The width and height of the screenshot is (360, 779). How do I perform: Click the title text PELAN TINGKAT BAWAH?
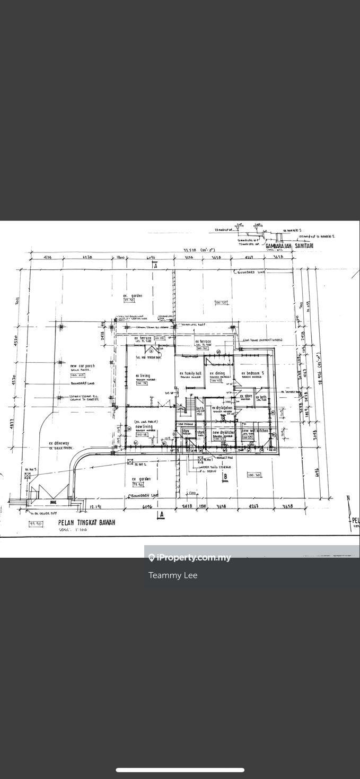pyautogui.click(x=86, y=522)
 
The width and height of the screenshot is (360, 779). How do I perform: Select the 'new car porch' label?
pyautogui.click(x=83, y=366)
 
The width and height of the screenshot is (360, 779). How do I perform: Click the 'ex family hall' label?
pyautogui.click(x=190, y=373)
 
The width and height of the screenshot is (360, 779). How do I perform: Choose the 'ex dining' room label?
pyautogui.click(x=217, y=373)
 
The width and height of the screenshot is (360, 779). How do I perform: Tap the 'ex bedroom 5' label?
pyautogui.click(x=252, y=373)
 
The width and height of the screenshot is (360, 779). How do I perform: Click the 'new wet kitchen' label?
pyautogui.click(x=255, y=431)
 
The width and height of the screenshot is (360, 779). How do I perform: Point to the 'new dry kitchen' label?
pyautogui.click(x=223, y=433)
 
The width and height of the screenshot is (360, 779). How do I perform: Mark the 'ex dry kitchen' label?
pyautogui.click(x=222, y=408)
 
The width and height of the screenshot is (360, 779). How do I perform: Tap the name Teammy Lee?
pyautogui.click(x=173, y=575)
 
